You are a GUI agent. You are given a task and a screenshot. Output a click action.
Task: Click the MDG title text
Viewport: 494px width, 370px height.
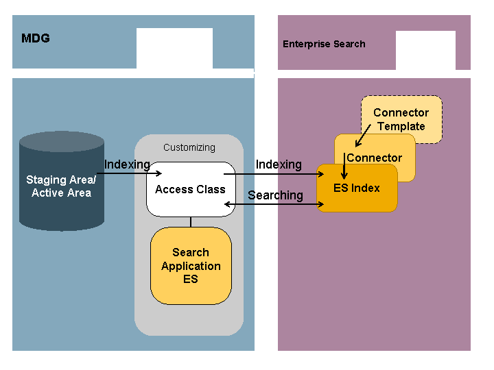tap(36, 38)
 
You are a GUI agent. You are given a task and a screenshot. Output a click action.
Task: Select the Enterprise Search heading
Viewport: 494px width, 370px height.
tap(324, 44)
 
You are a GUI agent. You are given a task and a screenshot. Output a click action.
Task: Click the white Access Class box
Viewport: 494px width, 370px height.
tap(190, 189)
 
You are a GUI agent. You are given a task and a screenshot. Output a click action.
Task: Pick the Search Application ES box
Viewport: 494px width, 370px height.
tap(191, 266)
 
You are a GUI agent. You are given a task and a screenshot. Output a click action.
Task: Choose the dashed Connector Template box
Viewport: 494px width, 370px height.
tap(401, 119)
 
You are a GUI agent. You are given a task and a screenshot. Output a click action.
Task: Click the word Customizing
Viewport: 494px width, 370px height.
tap(189, 147)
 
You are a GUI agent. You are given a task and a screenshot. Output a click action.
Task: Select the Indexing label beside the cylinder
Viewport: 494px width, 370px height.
tap(127, 164)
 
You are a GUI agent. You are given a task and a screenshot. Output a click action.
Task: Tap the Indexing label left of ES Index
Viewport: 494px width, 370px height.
tap(279, 164)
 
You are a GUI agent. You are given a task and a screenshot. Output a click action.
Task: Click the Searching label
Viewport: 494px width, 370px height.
tap(275, 195)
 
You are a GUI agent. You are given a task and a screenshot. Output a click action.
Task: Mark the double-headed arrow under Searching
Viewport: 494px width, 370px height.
tap(274, 204)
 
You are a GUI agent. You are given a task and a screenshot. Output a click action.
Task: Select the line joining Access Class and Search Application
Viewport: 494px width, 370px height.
tap(191, 221)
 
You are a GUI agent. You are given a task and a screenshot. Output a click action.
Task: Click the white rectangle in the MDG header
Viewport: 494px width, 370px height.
tap(174, 48)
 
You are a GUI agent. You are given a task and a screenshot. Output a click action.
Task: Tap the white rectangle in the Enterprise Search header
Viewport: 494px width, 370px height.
tap(425, 50)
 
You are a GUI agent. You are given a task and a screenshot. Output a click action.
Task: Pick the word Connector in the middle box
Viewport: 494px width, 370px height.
tap(375, 158)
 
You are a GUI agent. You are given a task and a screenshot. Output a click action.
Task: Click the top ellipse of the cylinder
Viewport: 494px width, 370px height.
tap(62, 141)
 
